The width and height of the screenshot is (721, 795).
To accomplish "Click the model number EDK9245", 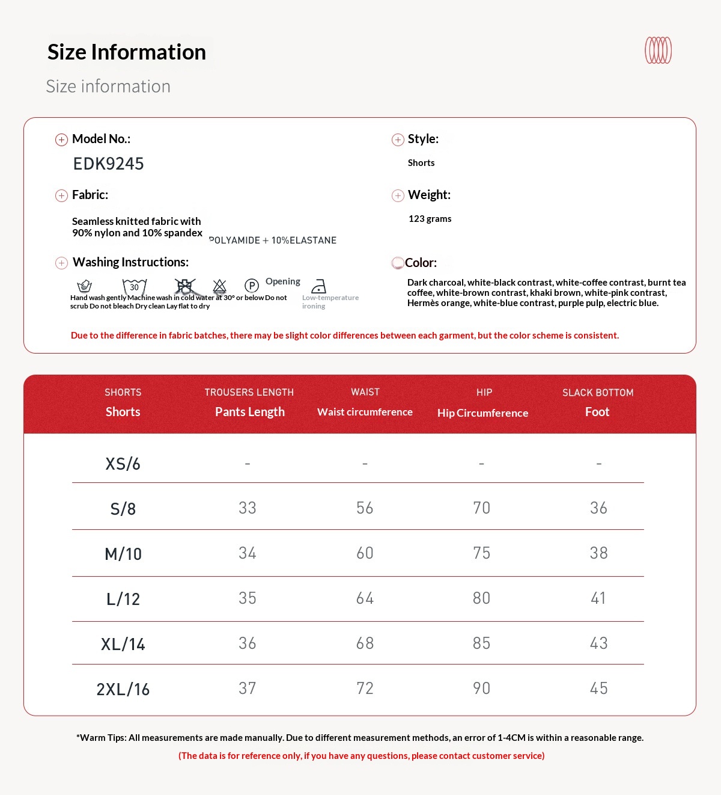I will [108, 164].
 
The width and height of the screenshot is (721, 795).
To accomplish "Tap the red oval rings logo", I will [658, 51].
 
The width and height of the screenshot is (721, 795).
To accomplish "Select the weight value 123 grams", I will [430, 219].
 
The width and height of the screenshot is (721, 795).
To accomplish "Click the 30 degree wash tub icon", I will [135, 286].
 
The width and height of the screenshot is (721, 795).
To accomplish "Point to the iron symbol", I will [319, 286].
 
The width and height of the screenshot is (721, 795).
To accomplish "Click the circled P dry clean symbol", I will [252, 286].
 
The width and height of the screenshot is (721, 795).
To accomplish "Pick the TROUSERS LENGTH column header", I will [249, 392].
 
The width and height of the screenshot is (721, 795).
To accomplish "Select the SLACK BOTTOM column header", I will [598, 393].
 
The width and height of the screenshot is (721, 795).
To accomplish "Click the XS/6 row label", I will [123, 464].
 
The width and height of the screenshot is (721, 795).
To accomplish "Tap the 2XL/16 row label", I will [123, 689].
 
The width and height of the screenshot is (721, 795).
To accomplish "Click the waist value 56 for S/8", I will [365, 508].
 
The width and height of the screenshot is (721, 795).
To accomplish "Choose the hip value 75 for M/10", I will [481, 553].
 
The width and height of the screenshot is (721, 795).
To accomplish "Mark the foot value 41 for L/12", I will [598, 598].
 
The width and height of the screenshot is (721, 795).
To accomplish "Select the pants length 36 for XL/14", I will [248, 643].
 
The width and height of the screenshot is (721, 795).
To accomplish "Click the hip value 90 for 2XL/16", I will [481, 689].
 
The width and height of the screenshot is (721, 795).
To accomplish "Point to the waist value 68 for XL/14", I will [365, 643].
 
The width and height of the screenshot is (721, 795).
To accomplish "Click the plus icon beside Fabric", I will [61, 195].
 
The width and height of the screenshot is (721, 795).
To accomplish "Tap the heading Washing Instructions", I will [130, 262].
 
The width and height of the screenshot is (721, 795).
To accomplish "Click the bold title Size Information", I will [127, 52].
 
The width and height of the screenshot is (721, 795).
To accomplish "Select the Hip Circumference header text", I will [482, 413].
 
